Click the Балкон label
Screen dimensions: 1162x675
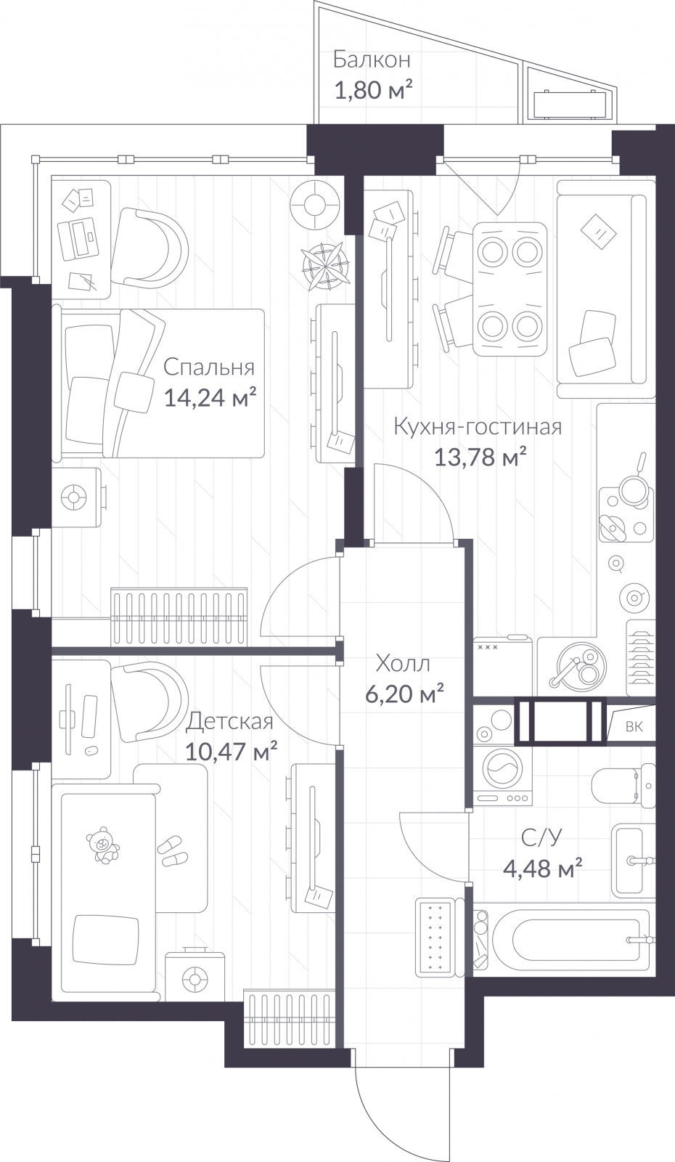click(372, 60)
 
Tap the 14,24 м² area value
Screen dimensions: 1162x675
click(210, 398)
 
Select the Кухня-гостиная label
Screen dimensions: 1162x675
click(477, 426)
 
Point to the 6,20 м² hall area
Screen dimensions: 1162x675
click(403, 695)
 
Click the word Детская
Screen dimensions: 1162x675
click(229, 721)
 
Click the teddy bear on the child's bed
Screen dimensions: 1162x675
click(103, 844)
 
